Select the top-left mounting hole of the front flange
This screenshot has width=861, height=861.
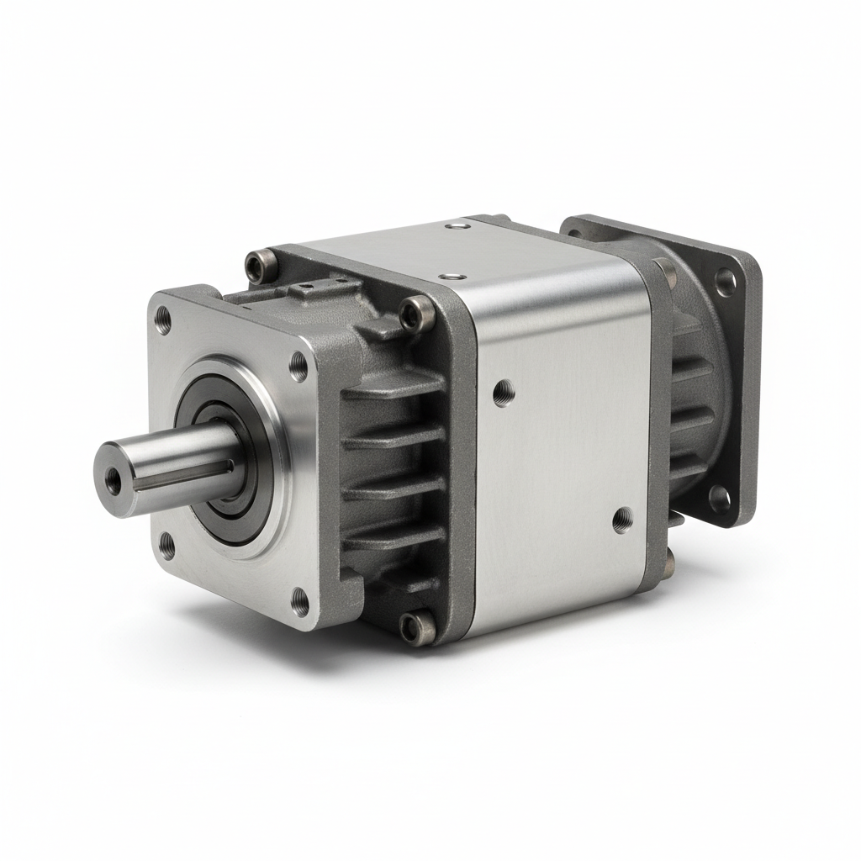[x=163, y=319]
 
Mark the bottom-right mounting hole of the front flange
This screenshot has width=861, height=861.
[x=300, y=600]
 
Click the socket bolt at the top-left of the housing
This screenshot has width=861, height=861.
[x=256, y=267]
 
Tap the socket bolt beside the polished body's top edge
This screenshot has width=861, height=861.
[x=415, y=314]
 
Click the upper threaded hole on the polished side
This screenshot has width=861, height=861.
[x=504, y=392]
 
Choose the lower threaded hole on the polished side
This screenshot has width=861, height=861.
[x=622, y=520]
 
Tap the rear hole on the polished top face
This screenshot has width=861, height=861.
[x=457, y=226]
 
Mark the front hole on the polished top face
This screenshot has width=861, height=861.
[x=454, y=274]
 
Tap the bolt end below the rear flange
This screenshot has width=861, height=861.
[x=669, y=556]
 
